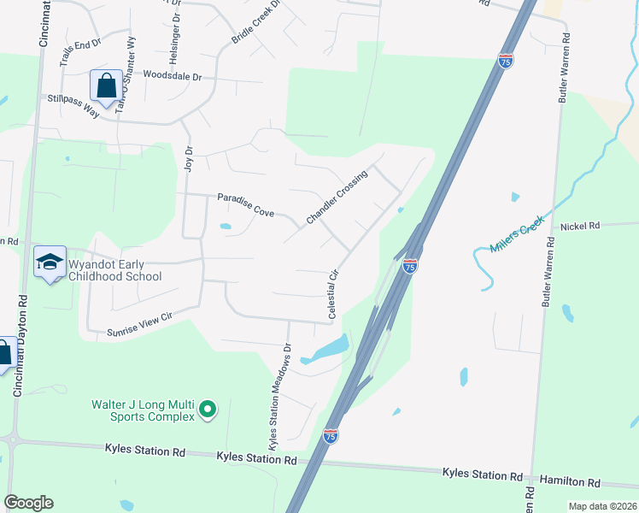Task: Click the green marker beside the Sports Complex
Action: [x=208, y=411]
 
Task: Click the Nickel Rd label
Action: [x=581, y=226]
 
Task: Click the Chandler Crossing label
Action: [x=337, y=198]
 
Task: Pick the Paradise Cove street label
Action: [x=245, y=204]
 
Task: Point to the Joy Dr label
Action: [x=189, y=157]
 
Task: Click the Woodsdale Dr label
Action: [x=173, y=76]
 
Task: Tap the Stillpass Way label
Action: [x=74, y=98]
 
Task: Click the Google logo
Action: [x=28, y=503]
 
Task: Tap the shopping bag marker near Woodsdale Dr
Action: [x=106, y=85]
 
